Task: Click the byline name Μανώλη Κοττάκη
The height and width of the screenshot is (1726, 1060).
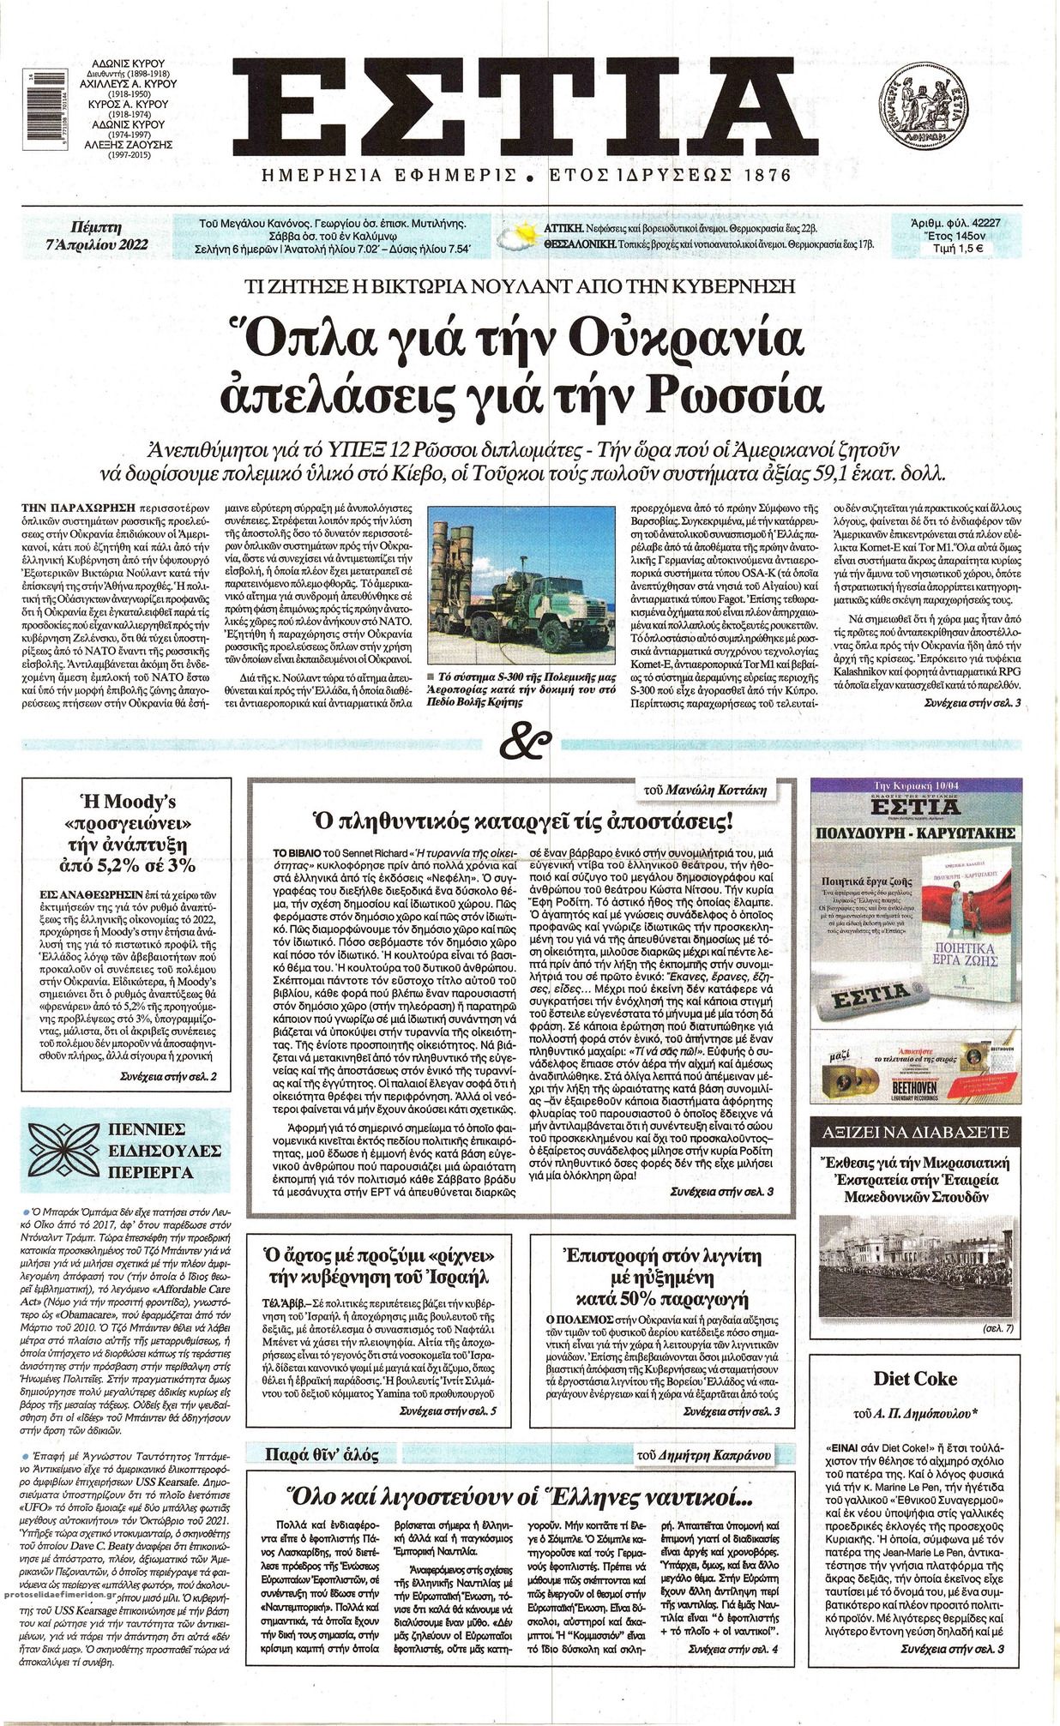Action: tap(725, 790)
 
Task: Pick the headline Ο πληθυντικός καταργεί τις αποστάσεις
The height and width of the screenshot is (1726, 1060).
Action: tap(521, 823)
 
